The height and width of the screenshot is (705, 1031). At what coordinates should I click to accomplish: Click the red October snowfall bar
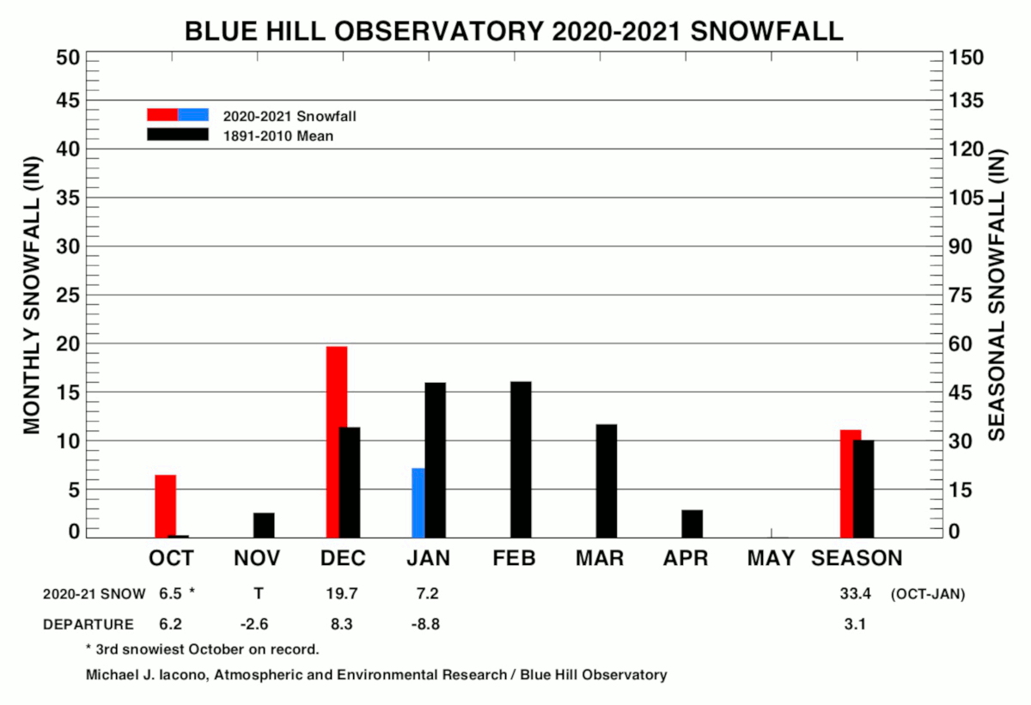click(x=165, y=506)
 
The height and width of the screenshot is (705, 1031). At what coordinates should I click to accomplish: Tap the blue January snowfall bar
click(x=418, y=502)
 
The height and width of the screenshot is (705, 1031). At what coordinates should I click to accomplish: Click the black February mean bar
click(x=521, y=459)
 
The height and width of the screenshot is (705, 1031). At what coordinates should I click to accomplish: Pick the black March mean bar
click(x=607, y=481)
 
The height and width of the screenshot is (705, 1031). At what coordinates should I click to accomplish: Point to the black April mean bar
click(x=692, y=524)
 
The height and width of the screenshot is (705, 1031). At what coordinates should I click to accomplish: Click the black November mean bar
click(x=264, y=526)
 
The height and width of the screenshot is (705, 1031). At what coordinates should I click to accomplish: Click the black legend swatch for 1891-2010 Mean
click(x=178, y=134)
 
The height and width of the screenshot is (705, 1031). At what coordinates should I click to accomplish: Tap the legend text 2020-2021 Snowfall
click(x=290, y=116)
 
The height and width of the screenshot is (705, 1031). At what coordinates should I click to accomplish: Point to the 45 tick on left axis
click(x=68, y=100)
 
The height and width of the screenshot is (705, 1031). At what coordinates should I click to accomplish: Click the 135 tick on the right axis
click(x=966, y=100)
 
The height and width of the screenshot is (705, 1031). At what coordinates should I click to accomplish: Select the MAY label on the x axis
click(x=771, y=558)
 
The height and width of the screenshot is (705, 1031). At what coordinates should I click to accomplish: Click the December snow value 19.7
click(x=342, y=593)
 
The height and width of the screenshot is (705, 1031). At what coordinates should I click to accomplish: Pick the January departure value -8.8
click(x=425, y=624)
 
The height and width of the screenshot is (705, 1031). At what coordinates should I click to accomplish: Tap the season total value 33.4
click(x=855, y=593)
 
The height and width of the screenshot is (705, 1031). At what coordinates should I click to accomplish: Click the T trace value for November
click(x=259, y=593)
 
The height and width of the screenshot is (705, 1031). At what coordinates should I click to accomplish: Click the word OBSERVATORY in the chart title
click(x=439, y=31)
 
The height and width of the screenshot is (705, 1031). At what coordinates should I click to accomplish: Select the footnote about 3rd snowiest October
click(x=203, y=649)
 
